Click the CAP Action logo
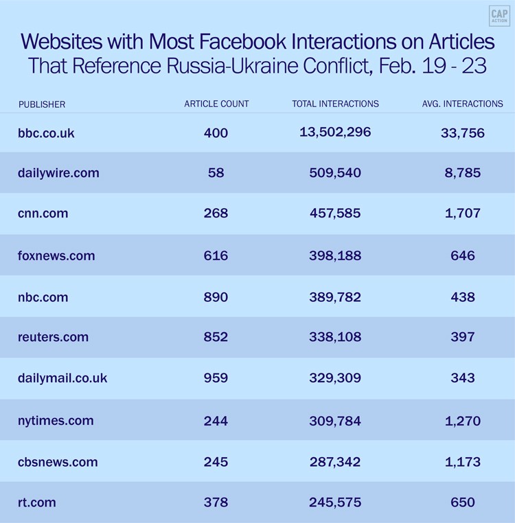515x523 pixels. [499, 16]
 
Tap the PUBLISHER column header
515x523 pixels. [42, 104]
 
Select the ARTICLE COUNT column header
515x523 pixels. [216, 104]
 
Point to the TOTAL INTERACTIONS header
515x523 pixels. [335, 104]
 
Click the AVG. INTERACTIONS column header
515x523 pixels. [462, 104]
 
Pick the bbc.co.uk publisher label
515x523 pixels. [46, 132]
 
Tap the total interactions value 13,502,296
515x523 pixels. [335, 132]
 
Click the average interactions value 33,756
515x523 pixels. [462, 133]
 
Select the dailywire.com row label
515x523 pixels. [58, 173]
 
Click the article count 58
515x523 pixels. [216, 173]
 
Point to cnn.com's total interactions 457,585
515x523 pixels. [335, 213]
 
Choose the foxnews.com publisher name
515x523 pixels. [56, 256]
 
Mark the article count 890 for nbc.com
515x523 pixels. [216, 297]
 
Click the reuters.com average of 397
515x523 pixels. [462, 337]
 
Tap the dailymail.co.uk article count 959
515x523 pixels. [216, 378]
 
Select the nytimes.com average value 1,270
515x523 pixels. [462, 421]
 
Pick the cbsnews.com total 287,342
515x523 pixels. [335, 462]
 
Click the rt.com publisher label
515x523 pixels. [37, 502]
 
